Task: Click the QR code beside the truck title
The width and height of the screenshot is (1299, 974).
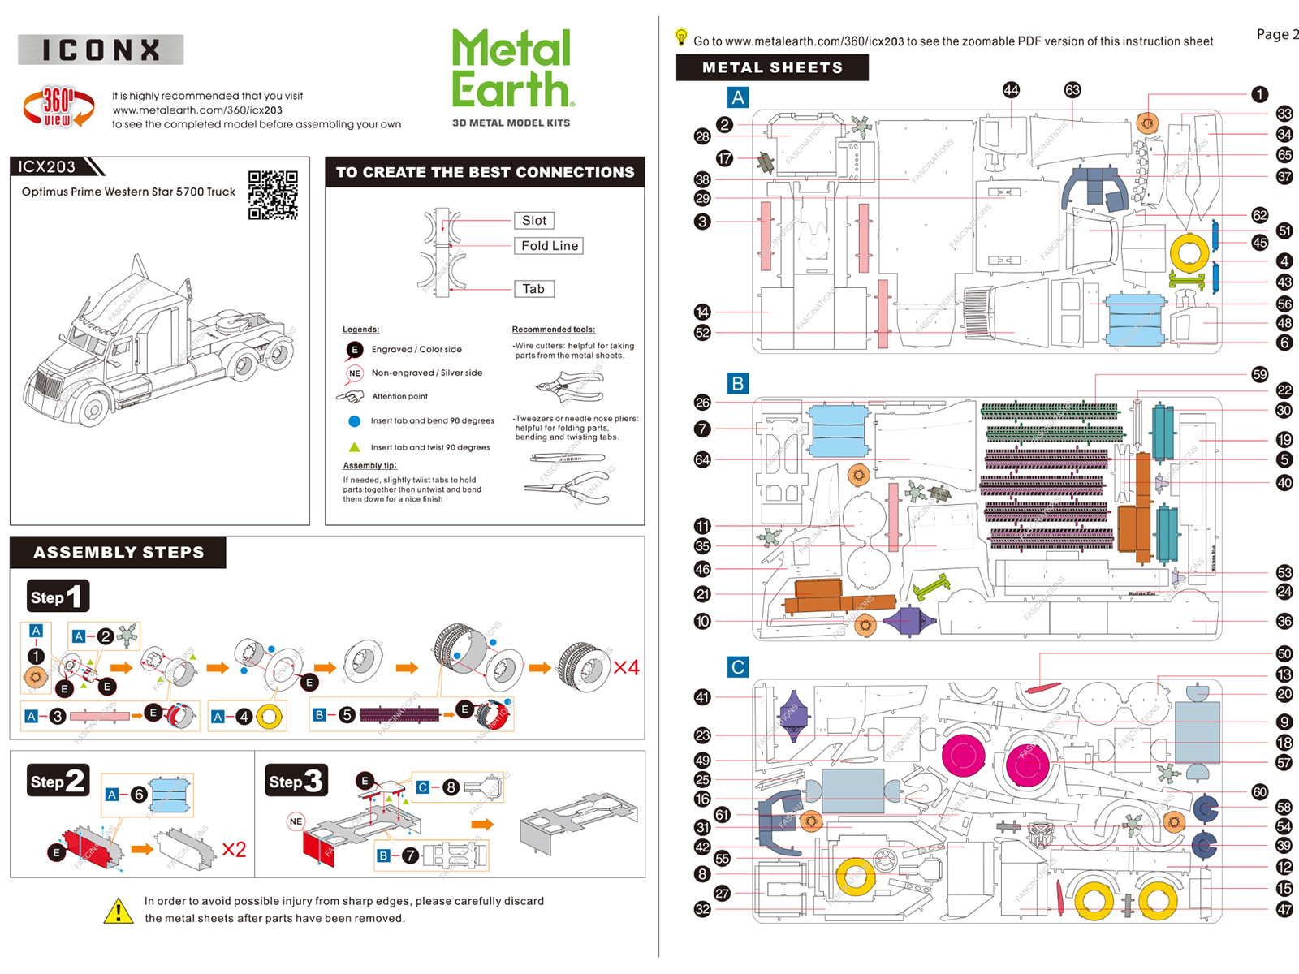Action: pos(273,195)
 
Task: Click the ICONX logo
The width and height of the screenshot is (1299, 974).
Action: pos(101,50)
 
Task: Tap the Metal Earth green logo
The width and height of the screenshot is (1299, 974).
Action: pos(512,69)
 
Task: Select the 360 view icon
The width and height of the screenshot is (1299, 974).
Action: pos(58,107)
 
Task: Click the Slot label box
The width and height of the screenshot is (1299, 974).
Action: pos(533,220)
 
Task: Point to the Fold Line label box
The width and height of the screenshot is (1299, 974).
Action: pos(550,245)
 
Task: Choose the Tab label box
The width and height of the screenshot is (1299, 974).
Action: pos(533,288)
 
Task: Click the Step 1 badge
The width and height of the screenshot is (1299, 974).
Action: pos(58,597)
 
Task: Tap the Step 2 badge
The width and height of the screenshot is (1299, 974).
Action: pos(58,781)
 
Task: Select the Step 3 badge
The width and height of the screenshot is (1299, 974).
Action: pos(296,781)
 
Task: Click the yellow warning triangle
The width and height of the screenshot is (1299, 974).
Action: pos(119,911)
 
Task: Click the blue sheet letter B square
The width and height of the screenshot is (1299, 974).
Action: pos(737,383)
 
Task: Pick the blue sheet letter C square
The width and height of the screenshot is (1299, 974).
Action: pos(737,667)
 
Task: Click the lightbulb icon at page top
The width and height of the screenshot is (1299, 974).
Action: pos(681,37)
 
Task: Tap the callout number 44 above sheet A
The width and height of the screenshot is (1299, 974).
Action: pos(1011,90)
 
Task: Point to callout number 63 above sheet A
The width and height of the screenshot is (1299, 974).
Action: pos(1072,90)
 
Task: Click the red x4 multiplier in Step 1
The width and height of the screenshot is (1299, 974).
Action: pos(626,667)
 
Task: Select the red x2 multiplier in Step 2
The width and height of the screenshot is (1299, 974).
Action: pos(234,849)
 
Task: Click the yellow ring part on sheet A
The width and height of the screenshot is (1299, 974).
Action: pos(1189,252)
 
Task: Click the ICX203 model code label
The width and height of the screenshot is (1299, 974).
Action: pos(47,166)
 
